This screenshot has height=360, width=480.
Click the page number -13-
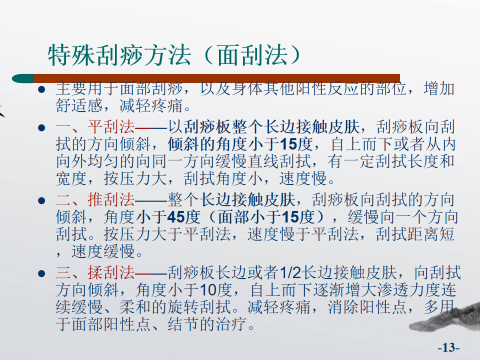click(x=448, y=347)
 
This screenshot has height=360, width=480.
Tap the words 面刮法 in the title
click(x=252, y=55)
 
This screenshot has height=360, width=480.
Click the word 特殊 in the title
click(x=71, y=55)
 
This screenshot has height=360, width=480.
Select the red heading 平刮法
click(x=111, y=126)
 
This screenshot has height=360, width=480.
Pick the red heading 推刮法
click(x=111, y=199)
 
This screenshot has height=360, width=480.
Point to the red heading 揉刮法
click(x=111, y=272)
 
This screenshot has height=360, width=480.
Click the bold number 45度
click(x=183, y=217)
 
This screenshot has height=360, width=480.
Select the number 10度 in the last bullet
click(x=216, y=290)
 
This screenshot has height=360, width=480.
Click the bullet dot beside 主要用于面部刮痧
click(x=41, y=89)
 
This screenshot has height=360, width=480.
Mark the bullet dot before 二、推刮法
click(x=41, y=200)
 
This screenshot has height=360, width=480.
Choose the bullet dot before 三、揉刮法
click(x=41, y=273)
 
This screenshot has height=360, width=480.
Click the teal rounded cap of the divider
click(x=22, y=78)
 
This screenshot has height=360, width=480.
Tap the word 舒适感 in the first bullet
click(x=79, y=105)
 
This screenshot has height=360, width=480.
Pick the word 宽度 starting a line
click(x=71, y=178)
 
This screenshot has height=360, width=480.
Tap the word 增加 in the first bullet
click(x=439, y=88)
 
